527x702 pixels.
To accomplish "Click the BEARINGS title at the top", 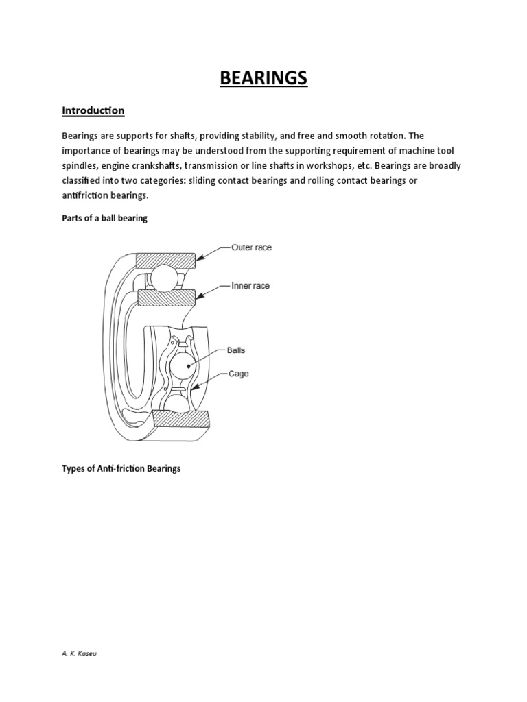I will point(263,79).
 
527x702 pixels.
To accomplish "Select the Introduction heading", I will point(93,110).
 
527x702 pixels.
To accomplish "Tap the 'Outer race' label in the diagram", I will point(251,247).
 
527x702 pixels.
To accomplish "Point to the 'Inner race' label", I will point(250,285).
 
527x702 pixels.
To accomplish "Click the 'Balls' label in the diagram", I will point(235,350).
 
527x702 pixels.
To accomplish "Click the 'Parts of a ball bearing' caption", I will point(104,218).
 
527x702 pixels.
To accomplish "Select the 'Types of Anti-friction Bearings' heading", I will point(121,469).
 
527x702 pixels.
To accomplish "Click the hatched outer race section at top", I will point(165,261).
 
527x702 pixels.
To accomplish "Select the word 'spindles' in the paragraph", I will point(80,165).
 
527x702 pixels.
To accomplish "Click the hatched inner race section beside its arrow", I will point(167,298).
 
